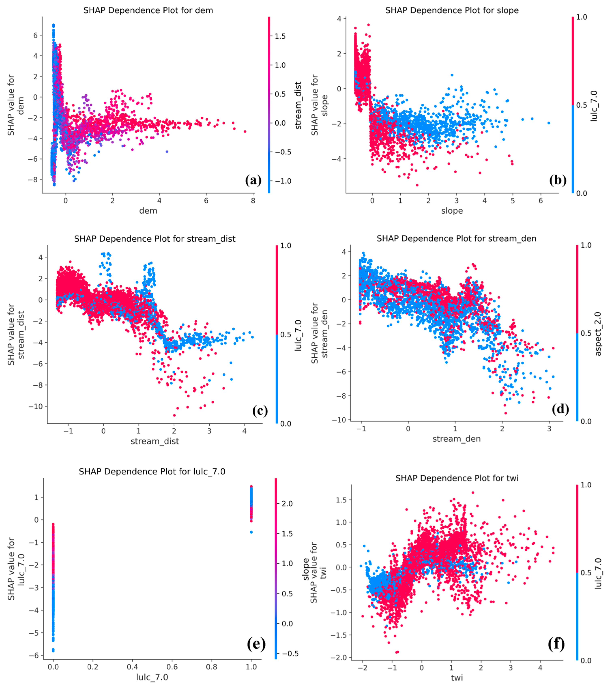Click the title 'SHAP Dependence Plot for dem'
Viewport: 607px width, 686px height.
pos(148,10)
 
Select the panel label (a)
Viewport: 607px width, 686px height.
pos(253,180)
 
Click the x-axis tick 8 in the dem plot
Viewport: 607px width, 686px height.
pos(253,201)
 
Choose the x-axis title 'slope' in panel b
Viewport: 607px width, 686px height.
pos(452,211)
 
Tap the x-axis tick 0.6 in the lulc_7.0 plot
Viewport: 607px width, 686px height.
pos(172,666)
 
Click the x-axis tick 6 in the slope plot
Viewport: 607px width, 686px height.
pos(541,201)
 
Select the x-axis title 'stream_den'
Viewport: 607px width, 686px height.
pos(456,439)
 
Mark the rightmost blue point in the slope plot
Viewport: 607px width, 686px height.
pos(549,123)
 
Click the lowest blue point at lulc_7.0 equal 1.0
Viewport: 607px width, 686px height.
pos(251,532)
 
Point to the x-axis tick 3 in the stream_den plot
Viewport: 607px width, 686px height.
pos(549,429)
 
